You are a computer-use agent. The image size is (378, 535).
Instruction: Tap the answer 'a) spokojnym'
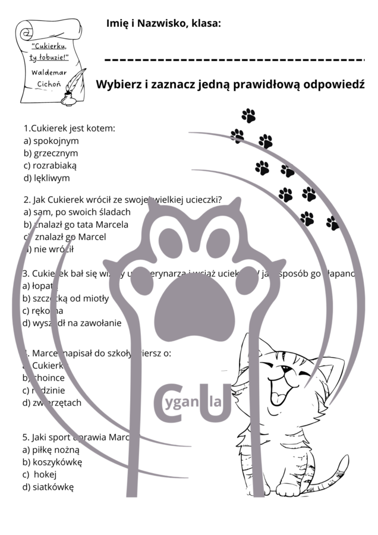tap(51, 141)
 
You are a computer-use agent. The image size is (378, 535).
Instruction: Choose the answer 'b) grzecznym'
tap(51, 153)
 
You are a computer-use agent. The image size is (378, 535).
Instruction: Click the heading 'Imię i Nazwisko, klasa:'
tap(163, 23)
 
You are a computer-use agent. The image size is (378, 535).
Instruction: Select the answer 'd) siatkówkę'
tap(48, 487)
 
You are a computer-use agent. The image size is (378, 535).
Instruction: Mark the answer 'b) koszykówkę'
tap(52, 462)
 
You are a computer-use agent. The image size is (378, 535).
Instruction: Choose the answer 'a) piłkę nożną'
tap(51, 450)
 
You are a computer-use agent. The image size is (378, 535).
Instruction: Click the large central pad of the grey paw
tap(190, 301)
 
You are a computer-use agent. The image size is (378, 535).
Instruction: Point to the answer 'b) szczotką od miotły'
tap(65, 298)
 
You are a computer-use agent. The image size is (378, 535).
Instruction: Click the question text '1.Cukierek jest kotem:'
tap(69, 128)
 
